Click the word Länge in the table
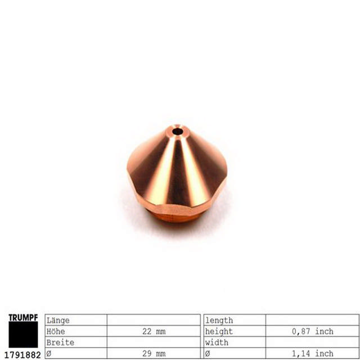pyautogui.click(x=58, y=321)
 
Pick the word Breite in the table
pyautogui.click(x=60, y=342)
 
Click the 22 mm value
pyautogui.click(x=154, y=331)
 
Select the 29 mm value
pyautogui.click(x=154, y=353)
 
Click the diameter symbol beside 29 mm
pyautogui.click(x=48, y=353)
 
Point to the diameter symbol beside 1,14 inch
pyautogui.click(x=208, y=353)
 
